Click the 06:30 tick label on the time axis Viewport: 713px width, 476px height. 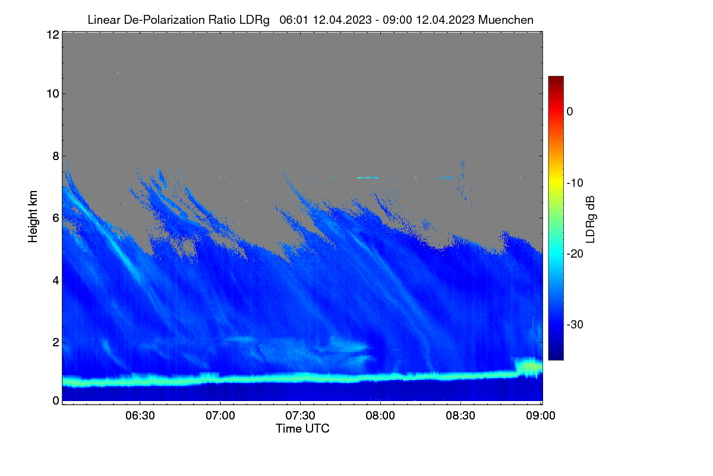(x=140, y=415)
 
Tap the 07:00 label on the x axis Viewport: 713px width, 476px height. (x=220, y=415)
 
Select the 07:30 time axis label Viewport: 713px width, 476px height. (x=300, y=415)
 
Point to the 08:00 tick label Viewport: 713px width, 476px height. (x=380, y=415)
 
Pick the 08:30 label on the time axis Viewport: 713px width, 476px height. (x=460, y=415)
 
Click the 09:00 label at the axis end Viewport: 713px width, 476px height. (x=541, y=415)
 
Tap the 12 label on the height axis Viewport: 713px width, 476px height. (x=53, y=35)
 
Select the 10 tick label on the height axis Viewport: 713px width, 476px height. (x=53, y=94)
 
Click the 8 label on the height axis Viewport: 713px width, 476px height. (x=56, y=156)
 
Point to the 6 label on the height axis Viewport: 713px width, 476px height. (x=56, y=218)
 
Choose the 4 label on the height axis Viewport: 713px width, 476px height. (x=56, y=281)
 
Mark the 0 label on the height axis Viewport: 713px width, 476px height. (x=56, y=400)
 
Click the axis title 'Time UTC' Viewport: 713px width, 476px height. (x=302, y=428)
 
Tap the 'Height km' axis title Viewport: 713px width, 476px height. (x=33, y=217)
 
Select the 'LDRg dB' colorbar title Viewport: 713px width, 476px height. (x=590, y=220)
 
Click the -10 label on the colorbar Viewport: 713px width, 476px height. (x=575, y=183)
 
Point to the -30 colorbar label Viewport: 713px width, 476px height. (x=575, y=324)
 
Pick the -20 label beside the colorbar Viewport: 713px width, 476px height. (x=575, y=254)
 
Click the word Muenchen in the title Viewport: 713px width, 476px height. (x=506, y=20)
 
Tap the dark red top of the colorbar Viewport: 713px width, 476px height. (x=556, y=80)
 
